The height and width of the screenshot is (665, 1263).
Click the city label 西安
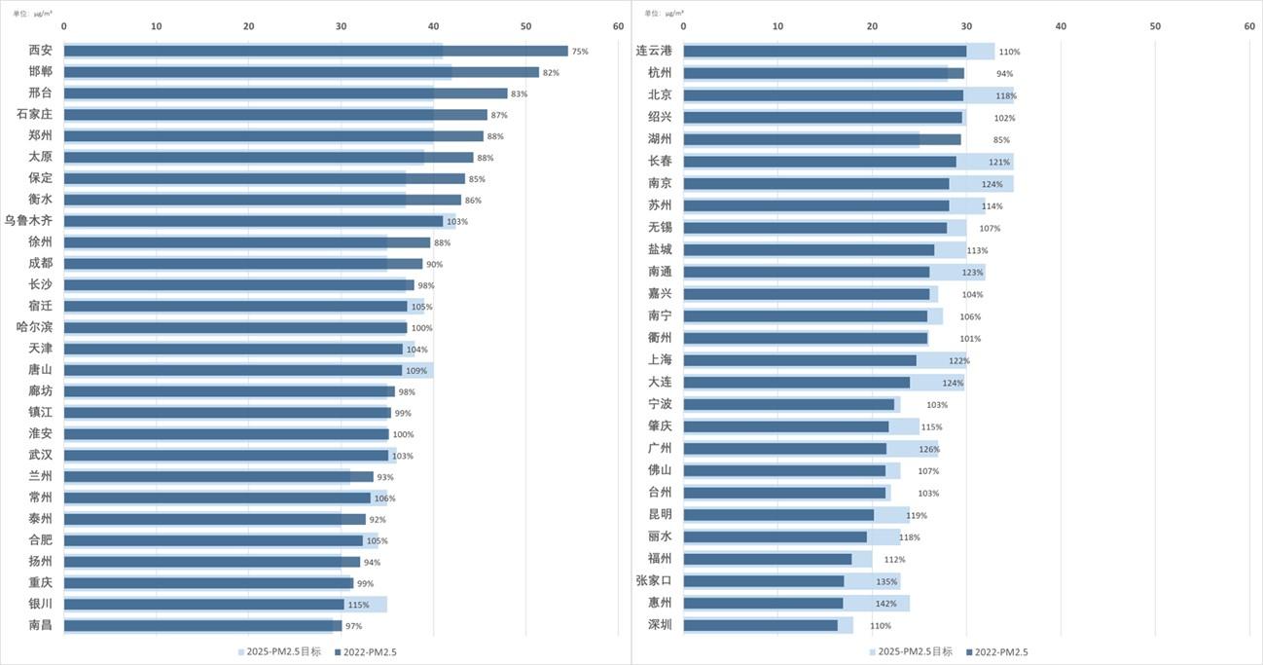[x=41, y=51]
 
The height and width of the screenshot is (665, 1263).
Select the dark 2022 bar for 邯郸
[x=301, y=72]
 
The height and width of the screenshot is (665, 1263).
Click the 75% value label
[x=580, y=51]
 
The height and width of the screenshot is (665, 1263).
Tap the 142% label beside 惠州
[x=885, y=604]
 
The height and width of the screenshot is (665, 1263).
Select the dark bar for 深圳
[x=760, y=625]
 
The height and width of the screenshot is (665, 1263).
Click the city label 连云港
[x=654, y=51]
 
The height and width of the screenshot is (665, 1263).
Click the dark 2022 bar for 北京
[x=823, y=95]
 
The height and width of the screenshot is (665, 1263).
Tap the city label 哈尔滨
[x=35, y=327]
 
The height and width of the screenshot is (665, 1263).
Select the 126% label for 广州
[x=929, y=449]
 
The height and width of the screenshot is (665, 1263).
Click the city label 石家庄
[x=35, y=115]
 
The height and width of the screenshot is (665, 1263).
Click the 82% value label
[x=551, y=72]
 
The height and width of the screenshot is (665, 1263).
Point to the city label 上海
[x=660, y=360]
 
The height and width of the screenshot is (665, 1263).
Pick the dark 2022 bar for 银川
[x=203, y=604]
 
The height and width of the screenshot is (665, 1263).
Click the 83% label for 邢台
[x=519, y=93]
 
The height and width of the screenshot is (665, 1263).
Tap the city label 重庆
[x=41, y=582]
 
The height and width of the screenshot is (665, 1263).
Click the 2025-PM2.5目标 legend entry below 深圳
[x=911, y=651]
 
